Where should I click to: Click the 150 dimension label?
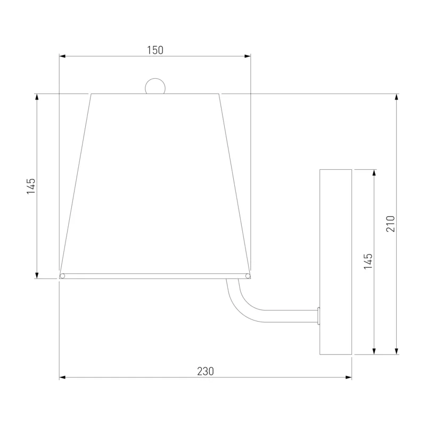155,50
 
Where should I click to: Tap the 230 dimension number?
206,371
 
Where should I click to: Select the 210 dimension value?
390,224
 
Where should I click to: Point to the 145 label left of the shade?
31,186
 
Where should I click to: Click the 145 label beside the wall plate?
368,261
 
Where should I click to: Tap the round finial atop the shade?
155,86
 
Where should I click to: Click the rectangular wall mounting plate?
335,262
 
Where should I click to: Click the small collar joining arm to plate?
318,316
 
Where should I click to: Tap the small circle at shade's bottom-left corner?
62,276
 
